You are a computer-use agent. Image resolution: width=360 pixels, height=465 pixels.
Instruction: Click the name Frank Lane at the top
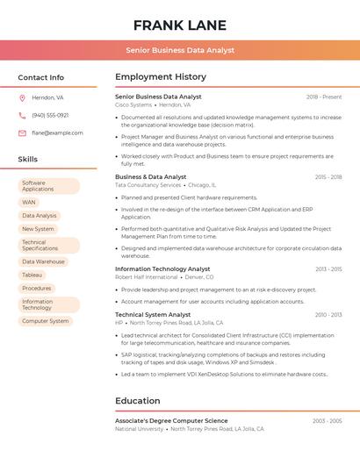pos(180,25)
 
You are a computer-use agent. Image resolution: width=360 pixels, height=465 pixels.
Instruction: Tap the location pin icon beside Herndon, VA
pos(22,97)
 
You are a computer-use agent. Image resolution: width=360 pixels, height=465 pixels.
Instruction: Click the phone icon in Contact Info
pos(22,115)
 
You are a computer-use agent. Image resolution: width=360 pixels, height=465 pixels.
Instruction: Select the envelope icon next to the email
pos(22,133)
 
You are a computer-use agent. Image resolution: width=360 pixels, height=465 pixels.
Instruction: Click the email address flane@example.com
pos(57,133)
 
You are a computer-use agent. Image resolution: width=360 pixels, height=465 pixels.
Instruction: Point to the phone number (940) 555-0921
pos(50,115)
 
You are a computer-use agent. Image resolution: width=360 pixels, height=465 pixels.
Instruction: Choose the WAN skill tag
pos(29,202)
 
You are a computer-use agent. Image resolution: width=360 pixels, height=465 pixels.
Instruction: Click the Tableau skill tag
pos(32,275)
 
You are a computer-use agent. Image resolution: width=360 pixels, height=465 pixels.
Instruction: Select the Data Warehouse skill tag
pos(43,261)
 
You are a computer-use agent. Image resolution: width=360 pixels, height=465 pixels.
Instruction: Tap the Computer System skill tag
pos(45,321)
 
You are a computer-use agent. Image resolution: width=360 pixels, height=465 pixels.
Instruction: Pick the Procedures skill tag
pos(37,288)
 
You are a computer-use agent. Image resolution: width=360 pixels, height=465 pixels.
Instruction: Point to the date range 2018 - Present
pos(324,97)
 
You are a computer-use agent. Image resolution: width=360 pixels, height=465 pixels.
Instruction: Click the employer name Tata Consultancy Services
pos(148,185)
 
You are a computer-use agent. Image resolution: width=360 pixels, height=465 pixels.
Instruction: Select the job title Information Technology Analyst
pos(162,269)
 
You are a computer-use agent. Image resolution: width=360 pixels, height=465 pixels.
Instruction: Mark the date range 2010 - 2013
pos(328,314)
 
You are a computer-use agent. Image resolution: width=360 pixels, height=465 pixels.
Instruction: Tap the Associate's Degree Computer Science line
pos(171,421)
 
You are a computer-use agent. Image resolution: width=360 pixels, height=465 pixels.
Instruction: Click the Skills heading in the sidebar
pos(28,160)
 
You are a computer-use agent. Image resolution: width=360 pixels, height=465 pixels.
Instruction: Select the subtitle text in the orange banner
pos(180,50)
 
